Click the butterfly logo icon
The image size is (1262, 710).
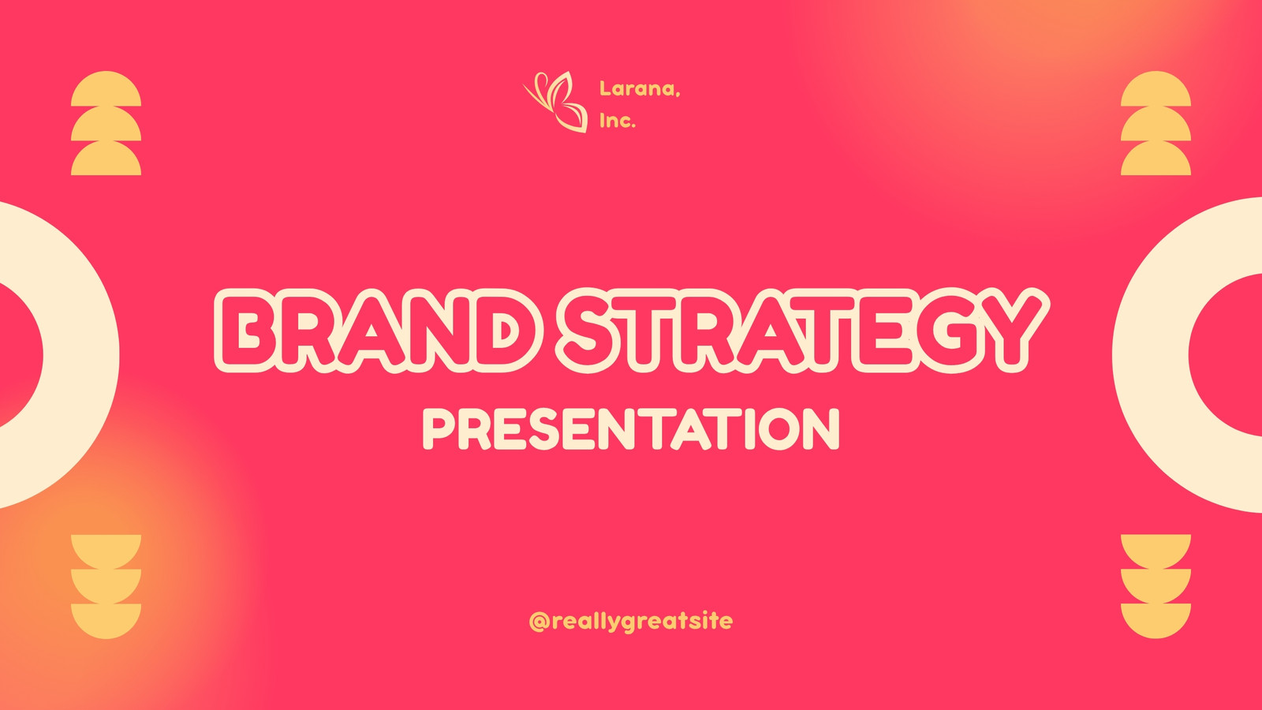tap(555, 102)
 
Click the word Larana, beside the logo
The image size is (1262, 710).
tap(640, 89)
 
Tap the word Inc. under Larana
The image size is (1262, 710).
tap(618, 121)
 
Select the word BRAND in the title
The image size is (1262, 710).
tap(379, 331)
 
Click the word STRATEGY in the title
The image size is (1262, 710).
tap(802, 331)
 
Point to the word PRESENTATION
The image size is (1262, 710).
tap(631, 429)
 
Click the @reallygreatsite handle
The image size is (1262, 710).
tap(631, 622)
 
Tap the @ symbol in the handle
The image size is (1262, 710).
tap(540, 622)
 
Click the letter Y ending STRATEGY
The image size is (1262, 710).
tap(1010, 331)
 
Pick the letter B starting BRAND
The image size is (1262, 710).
tap(249, 331)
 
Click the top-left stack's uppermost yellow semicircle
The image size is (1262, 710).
tap(106, 88)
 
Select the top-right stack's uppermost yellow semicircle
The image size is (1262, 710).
tap(1156, 88)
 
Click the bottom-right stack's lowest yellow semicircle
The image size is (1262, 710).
tap(1156, 621)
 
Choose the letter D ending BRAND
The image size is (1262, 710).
tap(509, 331)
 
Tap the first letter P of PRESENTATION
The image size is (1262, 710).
tap(439, 429)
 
